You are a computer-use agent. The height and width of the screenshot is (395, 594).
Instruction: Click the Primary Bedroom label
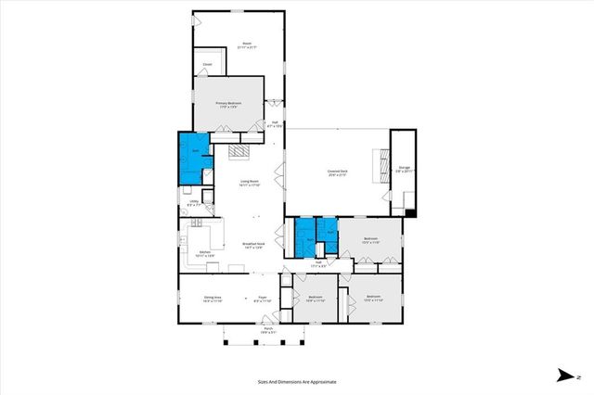(x=229, y=104)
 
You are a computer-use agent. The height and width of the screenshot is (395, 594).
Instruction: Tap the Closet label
(x=208, y=64)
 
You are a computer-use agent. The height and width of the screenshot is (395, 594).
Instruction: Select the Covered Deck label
(x=336, y=172)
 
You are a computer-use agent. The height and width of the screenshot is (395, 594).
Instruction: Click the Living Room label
(x=249, y=183)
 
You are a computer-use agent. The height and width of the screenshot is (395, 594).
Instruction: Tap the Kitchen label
(x=206, y=252)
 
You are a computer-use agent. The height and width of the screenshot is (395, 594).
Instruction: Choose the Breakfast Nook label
(x=252, y=245)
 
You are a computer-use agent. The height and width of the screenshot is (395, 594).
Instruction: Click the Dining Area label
(x=213, y=299)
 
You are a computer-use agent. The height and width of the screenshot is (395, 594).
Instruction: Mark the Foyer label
(x=263, y=299)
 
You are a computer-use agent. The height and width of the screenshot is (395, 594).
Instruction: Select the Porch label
(x=267, y=330)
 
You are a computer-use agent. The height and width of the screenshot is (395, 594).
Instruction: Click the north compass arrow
(x=563, y=375)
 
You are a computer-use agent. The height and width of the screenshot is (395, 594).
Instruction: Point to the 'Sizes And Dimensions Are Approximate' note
(x=296, y=381)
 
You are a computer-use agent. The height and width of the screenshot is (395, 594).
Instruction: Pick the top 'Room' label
(x=247, y=45)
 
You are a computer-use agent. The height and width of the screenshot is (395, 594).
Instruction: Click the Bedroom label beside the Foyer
(x=316, y=299)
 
